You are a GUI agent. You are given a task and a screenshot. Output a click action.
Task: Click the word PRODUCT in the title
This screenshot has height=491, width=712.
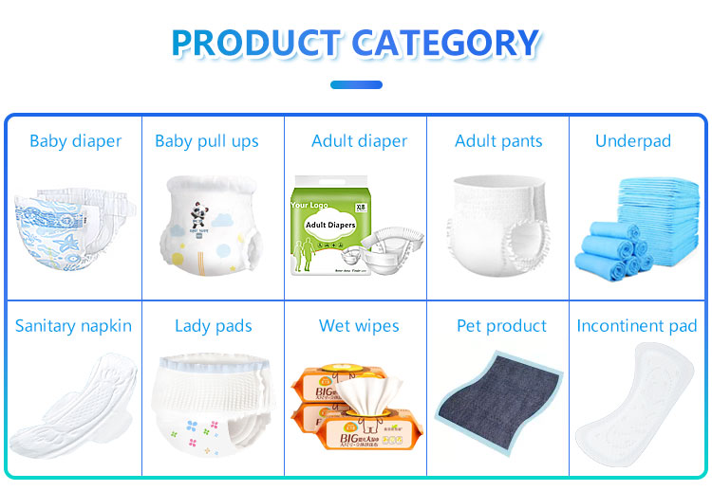pyautogui.click(x=255, y=43)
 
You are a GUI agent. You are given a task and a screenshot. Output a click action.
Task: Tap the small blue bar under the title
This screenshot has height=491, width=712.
pyautogui.click(x=356, y=84)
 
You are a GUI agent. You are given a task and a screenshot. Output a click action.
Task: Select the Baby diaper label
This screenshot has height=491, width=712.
pyautogui.click(x=75, y=141)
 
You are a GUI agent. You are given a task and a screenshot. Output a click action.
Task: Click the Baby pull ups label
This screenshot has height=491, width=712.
pyautogui.click(x=206, y=141)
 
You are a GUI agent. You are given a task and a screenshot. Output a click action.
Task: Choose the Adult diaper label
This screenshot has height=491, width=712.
pyautogui.click(x=359, y=141)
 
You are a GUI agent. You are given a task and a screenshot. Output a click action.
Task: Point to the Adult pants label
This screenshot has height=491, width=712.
pyautogui.click(x=498, y=141)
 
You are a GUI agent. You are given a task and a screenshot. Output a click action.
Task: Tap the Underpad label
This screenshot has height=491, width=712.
pyautogui.click(x=632, y=141)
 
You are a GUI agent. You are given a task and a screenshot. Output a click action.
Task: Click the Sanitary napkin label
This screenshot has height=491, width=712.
pyautogui.click(x=73, y=326)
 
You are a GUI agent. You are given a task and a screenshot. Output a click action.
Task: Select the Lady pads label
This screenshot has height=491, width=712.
pyautogui.click(x=213, y=326)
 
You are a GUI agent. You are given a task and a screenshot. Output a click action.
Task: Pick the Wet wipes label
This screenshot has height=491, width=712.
pyautogui.click(x=358, y=326)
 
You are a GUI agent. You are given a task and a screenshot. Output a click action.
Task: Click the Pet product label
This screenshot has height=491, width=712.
pyautogui.click(x=501, y=326)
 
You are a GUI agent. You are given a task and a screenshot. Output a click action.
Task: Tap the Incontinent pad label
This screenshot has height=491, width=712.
pyautogui.click(x=636, y=326)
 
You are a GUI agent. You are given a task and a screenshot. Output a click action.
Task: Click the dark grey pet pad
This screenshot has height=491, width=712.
pyautogui.click(x=498, y=408)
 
